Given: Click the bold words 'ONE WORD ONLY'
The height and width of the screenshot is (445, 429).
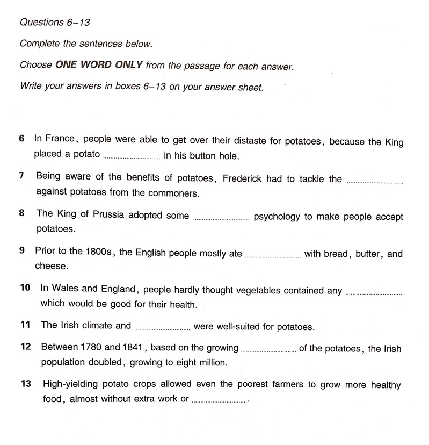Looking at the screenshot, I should [x=99, y=66].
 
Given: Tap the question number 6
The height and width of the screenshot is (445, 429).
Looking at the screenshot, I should [x=22, y=139].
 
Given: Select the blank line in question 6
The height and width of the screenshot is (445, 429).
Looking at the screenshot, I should [x=131, y=157].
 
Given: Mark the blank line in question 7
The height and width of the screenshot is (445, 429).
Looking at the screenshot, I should [x=375, y=182].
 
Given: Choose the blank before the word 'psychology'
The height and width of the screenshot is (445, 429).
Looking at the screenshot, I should [x=221, y=219].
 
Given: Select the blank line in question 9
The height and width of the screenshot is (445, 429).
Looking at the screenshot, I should [x=272, y=257].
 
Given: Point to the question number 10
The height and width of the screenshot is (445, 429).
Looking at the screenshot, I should [x=25, y=288].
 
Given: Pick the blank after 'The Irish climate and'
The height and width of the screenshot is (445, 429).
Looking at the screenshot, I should [x=162, y=328].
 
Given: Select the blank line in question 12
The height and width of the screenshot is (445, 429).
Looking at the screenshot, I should [x=268, y=352].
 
